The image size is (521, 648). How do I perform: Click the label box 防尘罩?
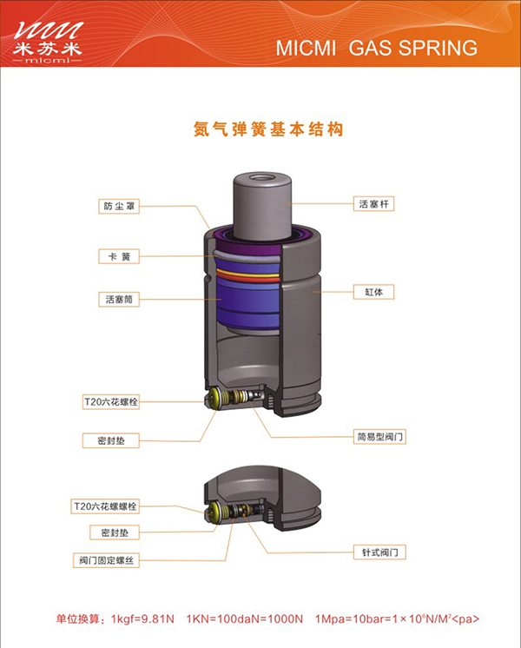pos(119,206)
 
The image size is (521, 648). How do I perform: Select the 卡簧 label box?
pos(119,256)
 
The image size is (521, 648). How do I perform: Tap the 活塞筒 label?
pos(119,299)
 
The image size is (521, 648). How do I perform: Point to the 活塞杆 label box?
pos(374,204)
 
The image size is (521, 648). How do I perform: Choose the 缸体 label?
pos(374,292)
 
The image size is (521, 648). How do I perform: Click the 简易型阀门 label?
pos(379,437)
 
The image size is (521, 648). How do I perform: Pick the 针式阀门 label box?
pos(379,552)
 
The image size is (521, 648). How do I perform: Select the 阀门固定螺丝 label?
pos(106,560)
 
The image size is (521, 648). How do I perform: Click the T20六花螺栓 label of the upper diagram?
pos(111,401)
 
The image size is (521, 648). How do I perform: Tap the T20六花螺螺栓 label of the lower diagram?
pos(105,506)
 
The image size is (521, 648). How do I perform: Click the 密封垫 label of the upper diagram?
pos(111,440)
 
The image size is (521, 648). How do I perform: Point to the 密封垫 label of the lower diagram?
pos(115,532)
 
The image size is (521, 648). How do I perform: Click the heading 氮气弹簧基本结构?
pos(268,129)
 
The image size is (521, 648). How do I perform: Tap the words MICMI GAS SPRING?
pos(377,48)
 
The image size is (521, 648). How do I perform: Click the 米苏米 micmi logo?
pos(48,43)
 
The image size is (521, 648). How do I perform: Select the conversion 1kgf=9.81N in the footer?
pos(142,619)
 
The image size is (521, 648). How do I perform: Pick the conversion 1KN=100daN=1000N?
pos(245,619)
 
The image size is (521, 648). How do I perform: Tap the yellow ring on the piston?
pos(247,274)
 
